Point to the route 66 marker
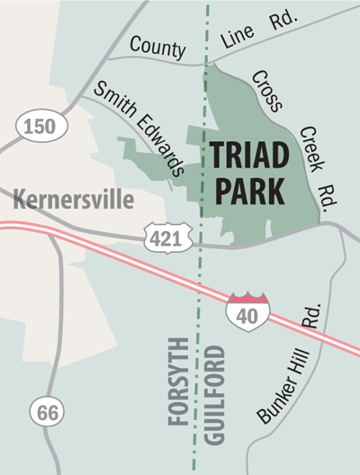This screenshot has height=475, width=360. [47, 411]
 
